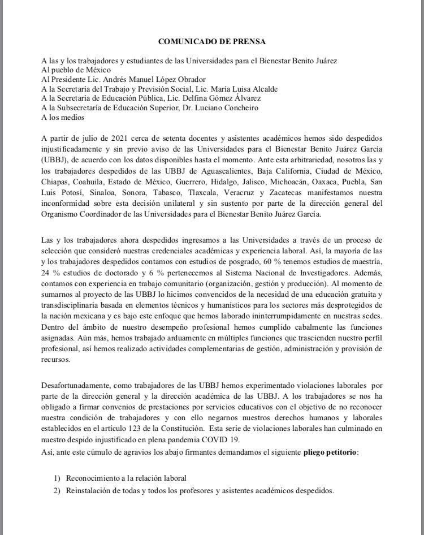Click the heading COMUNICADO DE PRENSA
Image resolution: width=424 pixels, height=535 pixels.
pos(211,41)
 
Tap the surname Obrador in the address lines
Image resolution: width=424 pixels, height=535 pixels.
pos(191,79)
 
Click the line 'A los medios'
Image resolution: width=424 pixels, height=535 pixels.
pos(63,117)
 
